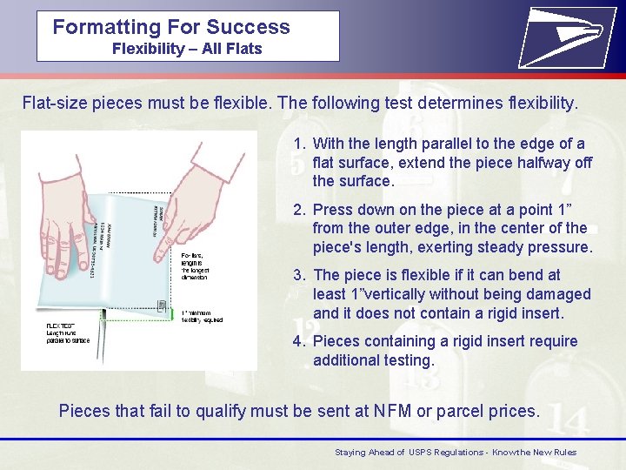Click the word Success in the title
[248, 27]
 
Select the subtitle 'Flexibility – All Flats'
[187, 49]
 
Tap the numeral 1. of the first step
[299, 144]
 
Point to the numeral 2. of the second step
[299, 209]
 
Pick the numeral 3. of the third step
[299, 275]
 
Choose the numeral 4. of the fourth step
[299, 341]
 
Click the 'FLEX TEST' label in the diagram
[60, 326]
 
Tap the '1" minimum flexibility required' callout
[203, 316]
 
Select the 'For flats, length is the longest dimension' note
[195, 265]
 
